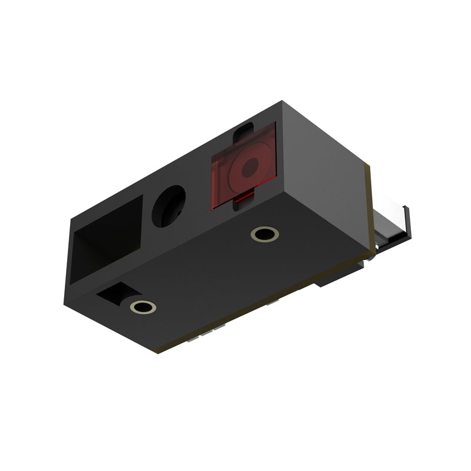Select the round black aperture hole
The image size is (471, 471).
tap(168, 207)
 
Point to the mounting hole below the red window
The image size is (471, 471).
tap(264, 234)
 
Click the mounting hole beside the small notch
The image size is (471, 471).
tap(142, 306)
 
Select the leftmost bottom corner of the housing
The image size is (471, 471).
tap(64, 304)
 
